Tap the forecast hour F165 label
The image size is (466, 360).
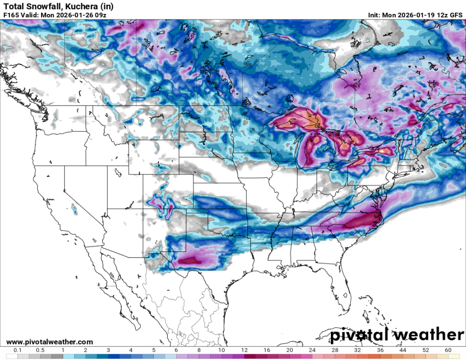click(x=11, y=15)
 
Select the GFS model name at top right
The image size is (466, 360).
click(x=455, y=15)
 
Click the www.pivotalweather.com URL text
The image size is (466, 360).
click(x=49, y=342)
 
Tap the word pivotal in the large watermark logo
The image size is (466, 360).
click(x=359, y=335)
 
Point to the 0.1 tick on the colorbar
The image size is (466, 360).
click(x=18, y=350)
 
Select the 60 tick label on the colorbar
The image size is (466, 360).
click(x=448, y=350)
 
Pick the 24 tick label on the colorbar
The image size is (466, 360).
click(x=312, y=350)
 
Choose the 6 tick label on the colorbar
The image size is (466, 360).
click(x=176, y=350)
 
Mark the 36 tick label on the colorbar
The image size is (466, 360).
click(x=380, y=350)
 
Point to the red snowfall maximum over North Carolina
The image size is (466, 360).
click(x=366, y=218)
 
